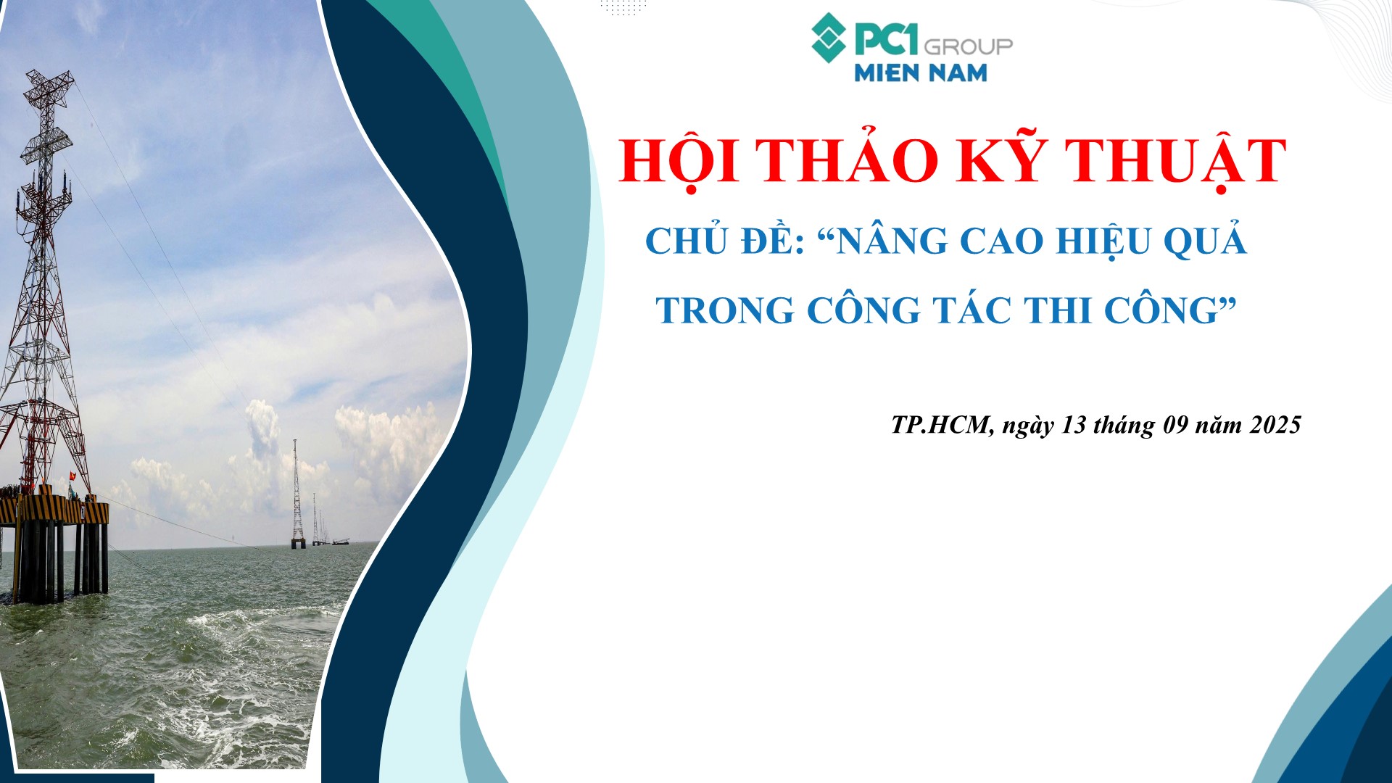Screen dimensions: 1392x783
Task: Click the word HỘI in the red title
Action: (679, 160)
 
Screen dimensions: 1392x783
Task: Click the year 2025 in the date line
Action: (1276, 425)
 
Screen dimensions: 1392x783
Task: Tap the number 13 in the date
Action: (1074, 425)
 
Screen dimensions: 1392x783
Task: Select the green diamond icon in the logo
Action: (829, 38)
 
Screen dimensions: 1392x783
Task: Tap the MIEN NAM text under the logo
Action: (921, 72)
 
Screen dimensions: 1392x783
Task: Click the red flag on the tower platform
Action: (72, 476)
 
